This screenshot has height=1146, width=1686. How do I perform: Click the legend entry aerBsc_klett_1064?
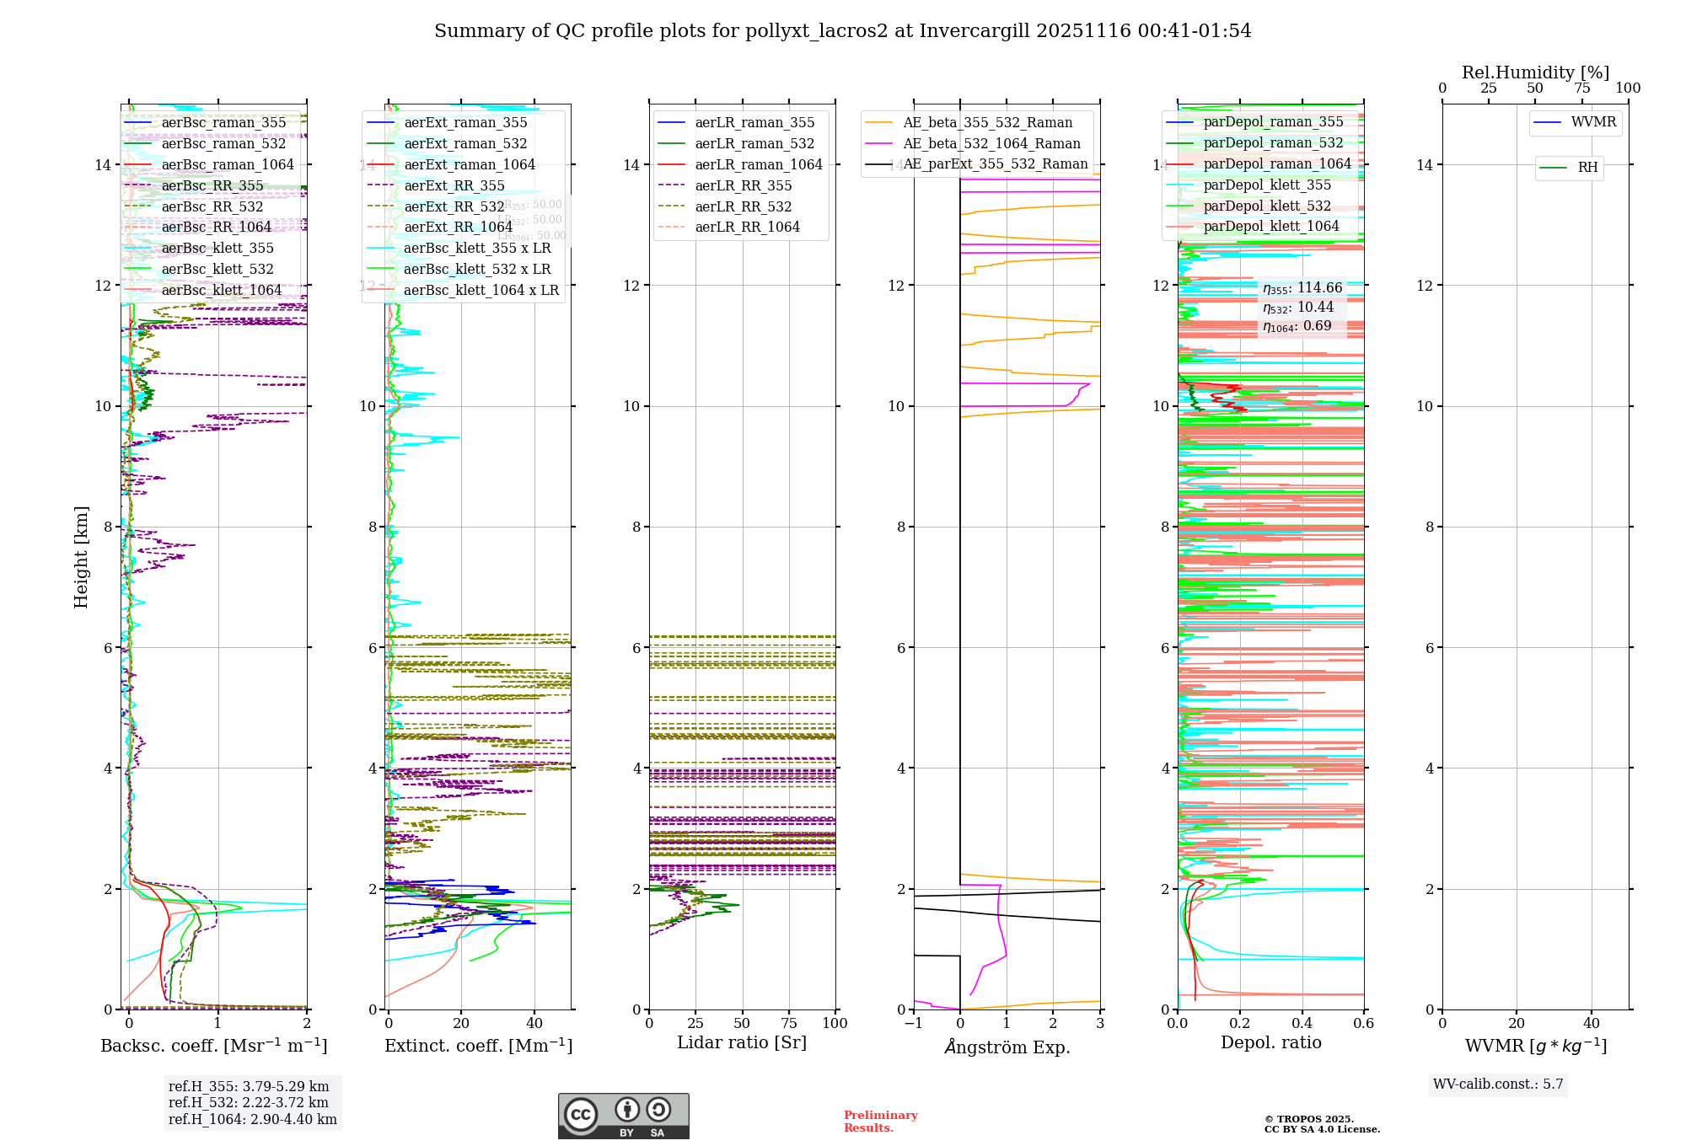tap(221, 291)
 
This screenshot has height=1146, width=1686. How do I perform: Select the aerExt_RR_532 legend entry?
tap(454, 207)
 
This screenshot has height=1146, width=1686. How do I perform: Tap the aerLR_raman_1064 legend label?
tap(758, 165)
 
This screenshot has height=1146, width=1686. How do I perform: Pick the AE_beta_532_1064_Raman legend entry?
tap(991, 144)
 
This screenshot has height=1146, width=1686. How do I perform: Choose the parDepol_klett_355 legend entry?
tap(1267, 185)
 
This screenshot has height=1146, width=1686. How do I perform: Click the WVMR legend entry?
tap(1593, 123)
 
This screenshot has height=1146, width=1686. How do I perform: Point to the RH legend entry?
tap(1587, 168)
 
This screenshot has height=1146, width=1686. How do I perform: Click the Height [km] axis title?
tap(81, 556)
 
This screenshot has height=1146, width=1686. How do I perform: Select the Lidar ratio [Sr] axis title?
tap(742, 1043)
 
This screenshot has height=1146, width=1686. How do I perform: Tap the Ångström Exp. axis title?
tap(1007, 1047)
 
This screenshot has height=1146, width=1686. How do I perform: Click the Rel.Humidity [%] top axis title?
tap(1535, 72)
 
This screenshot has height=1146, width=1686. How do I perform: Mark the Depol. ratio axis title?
tap(1270, 1043)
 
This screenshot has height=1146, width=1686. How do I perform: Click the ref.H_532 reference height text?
tap(249, 1103)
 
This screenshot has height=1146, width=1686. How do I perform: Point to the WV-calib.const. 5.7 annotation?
tap(1498, 1084)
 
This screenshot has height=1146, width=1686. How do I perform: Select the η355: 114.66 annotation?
tap(1302, 288)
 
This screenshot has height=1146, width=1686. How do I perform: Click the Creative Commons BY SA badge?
tap(623, 1117)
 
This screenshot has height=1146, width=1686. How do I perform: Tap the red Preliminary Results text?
tap(880, 1122)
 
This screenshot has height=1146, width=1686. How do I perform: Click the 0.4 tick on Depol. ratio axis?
tap(1302, 1024)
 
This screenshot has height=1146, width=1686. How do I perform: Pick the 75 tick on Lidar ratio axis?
tap(789, 1024)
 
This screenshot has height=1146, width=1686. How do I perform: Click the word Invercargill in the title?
tap(974, 31)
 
